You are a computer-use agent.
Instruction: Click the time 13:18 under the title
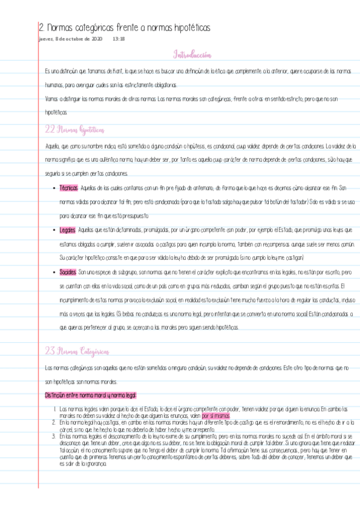pos(118,38)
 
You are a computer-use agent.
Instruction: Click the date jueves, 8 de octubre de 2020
pos(70,38)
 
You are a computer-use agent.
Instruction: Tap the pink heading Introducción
pos(192,55)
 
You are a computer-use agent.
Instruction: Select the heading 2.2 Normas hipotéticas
pos(75,129)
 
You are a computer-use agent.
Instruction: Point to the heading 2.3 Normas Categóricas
pos(77,351)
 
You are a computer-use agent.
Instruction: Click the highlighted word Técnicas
pos(69,188)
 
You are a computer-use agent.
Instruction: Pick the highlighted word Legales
pos(68,230)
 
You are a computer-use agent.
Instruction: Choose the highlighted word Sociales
pos(68,272)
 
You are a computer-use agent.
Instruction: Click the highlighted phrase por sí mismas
pos(216,415)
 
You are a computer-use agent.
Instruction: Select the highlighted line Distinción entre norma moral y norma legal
pos(91,395)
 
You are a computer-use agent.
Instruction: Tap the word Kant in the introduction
pos(115,71)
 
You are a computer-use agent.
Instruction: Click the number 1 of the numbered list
pos(55,410)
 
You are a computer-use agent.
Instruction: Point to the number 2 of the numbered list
pos(55,423)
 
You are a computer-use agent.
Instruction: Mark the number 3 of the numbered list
pos(55,435)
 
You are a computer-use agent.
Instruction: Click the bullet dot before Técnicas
pos(55,188)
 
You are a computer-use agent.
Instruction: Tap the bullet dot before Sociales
pos(55,272)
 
